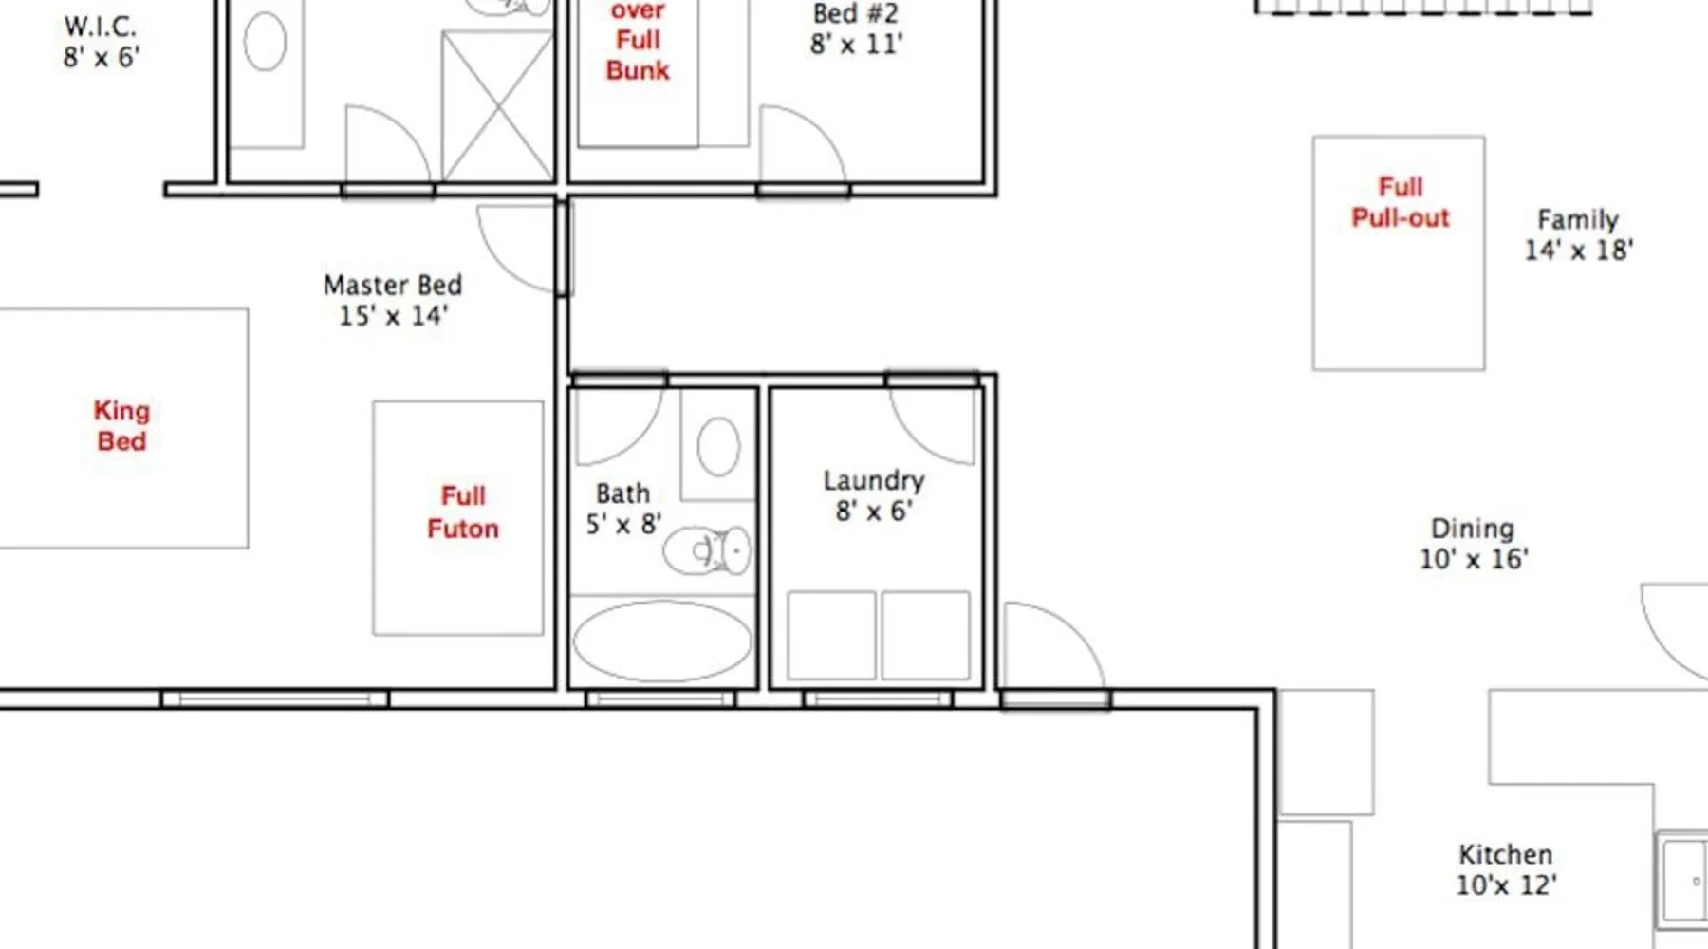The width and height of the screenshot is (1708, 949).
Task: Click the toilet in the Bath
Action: click(707, 551)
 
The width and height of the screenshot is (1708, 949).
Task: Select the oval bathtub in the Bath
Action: click(662, 641)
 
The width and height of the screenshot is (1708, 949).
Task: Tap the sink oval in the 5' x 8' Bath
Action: click(718, 446)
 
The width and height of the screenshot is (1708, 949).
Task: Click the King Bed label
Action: click(121, 425)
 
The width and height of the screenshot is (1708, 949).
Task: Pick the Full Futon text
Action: click(463, 512)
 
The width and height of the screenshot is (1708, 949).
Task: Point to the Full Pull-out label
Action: click(1401, 202)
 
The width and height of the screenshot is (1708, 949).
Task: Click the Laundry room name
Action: click(874, 480)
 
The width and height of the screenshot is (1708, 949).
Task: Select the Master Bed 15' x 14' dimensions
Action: click(393, 315)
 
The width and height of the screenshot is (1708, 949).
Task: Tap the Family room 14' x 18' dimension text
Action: click(1579, 250)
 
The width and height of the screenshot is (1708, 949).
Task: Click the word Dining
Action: click(1473, 528)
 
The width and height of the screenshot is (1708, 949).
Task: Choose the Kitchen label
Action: click(1506, 854)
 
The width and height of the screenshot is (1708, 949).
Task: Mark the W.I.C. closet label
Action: click(101, 26)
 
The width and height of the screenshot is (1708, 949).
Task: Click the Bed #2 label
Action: click(856, 13)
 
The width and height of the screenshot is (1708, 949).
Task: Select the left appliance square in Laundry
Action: click(831, 635)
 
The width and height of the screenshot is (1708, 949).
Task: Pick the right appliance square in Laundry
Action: click(926, 635)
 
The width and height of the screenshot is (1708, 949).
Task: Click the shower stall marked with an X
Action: click(498, 105)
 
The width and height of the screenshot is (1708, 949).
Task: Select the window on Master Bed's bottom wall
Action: click(275, 699)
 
